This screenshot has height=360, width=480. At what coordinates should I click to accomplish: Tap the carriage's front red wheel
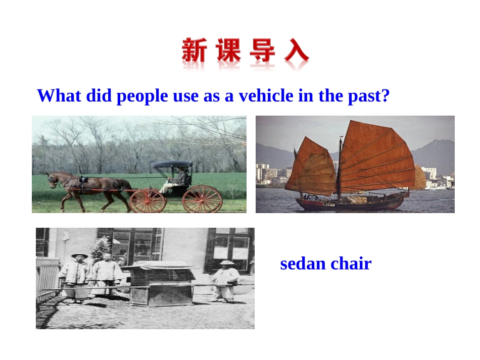[x=148, y=200]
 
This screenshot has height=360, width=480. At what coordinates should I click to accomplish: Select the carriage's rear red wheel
[x=202, y=199]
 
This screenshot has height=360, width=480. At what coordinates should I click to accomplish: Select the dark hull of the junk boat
[x=349, y=203]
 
